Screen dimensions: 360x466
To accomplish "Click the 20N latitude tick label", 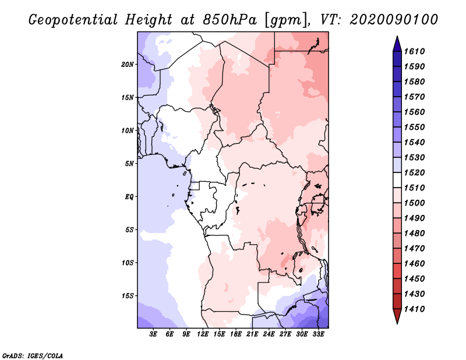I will pos(128,64).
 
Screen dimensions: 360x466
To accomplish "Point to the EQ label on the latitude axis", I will pos(129,196).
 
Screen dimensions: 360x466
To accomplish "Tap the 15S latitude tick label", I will pos(128,295).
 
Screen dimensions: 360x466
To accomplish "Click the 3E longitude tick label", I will pos(154,334).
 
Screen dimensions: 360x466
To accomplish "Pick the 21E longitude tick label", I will pos(252,334).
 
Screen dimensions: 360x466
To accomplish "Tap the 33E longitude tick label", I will pos(318,334).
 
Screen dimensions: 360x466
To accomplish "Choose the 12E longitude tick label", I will pos(203,334).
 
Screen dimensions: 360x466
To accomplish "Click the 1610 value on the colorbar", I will pos(415,51).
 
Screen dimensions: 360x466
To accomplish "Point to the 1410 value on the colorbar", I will pos(415,309).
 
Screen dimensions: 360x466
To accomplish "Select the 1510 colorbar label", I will pos(415,188).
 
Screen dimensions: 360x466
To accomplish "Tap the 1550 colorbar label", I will pos(415,127).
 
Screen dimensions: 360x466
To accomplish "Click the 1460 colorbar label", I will pos(415,263).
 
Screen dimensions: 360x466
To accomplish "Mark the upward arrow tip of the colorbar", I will pos(396,38).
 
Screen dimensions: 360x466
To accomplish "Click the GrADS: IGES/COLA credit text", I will pos(32,355).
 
